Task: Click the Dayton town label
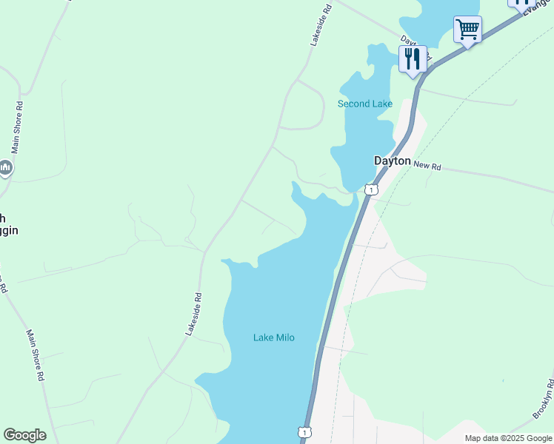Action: pyautogui.click(x=392, y=161)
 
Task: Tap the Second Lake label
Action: pyautogui.click(x=364, y=104)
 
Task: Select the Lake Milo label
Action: pyautogui.click(x=274, y=337)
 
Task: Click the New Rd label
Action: pyautogui.click(x=427, y=166)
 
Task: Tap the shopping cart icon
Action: pyautogui.click(x=467, y=30)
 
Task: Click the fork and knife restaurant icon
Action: pyautogui.click(x=413, y=58)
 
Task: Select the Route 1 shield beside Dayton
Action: pyautogui.click(x=371, y=190)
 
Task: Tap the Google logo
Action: pyautogui.click(x=24, y=435)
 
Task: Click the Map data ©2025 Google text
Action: pyautogui.click(x=509, y=438)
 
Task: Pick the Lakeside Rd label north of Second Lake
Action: pyautogui.click(x=320, y=24)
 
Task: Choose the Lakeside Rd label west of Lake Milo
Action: pyautogui.click(x=194, y=314)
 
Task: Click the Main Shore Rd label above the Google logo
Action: pyautogui.click(x=36, y=355)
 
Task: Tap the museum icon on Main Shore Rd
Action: pyautogui.click(x=5, y=168)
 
